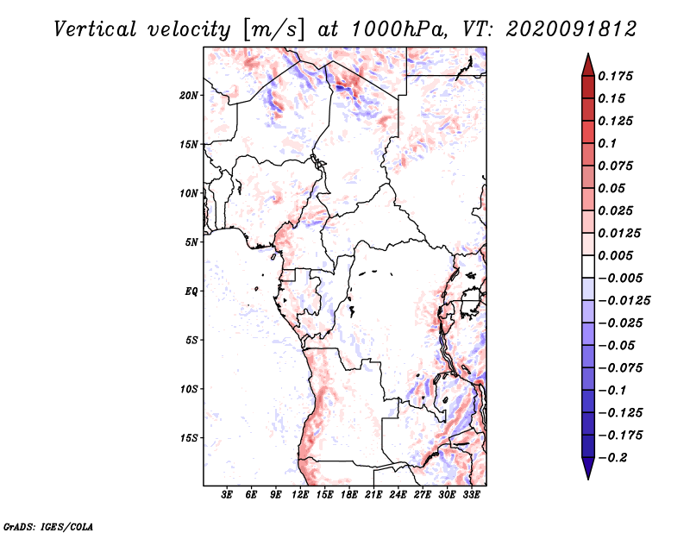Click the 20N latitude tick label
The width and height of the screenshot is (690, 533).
click(189, 95)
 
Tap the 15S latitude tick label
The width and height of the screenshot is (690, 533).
click(189, 438)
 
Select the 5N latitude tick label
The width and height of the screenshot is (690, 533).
click(191, 242)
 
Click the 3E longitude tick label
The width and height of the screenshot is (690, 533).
click(228, 495)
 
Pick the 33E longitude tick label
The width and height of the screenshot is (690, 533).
click(472, 495)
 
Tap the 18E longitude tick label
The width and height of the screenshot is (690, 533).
click(349, 495)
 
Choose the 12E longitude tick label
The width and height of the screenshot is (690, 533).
click(300, 495)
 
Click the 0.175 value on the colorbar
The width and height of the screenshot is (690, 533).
click(617, 76)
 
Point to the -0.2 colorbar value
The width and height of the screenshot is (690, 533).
click(617, 458)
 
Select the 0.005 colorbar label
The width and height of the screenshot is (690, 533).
click(617, 255)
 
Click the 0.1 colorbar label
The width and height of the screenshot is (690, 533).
click(610, 143)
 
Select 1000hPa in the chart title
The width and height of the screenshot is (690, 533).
click(396, 28)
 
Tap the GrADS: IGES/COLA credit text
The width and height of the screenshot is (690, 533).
click(48, 525)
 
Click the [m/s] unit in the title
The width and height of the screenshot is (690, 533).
click(273, 29)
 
